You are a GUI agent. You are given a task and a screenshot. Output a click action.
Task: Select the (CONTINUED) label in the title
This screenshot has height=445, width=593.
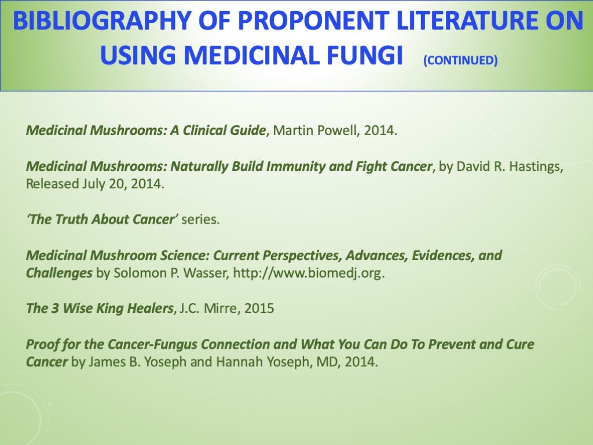(460, 60)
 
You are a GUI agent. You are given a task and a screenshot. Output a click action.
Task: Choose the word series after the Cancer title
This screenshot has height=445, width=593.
(200, 220)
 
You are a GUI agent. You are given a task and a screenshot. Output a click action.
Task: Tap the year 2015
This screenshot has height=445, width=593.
(259, 308)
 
